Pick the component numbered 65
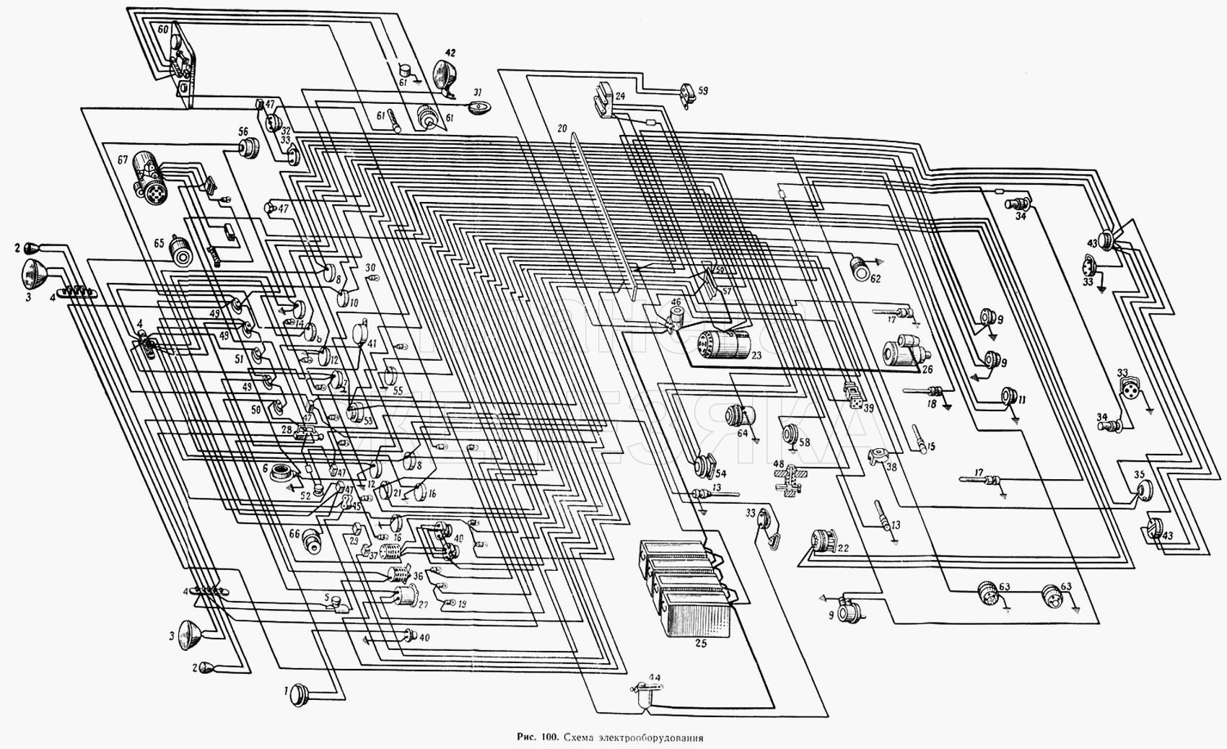180,251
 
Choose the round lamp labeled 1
299,695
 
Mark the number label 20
562,128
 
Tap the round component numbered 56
250,149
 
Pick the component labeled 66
313,540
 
